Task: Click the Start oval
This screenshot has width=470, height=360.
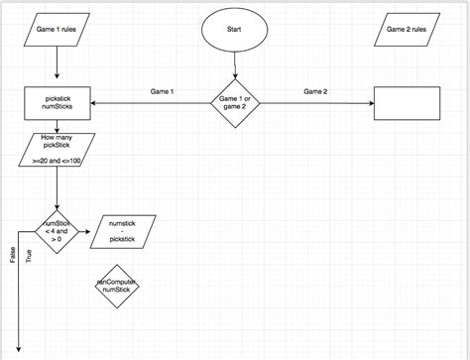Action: (x=235, y=31)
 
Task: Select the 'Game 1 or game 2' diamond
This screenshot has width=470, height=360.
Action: (x=235, y=102)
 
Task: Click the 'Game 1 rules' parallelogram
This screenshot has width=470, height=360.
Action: (x=58, y=31)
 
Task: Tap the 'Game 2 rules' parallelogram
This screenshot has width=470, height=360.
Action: (x=407, y=31)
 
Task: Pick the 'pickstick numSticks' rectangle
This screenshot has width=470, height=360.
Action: (x=58, y=102)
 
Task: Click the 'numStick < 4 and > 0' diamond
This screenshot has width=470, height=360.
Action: (x=58, y=233)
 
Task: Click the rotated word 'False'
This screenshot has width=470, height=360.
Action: (x=13, y=256)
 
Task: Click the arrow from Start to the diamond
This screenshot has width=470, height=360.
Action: (x=235, y=67)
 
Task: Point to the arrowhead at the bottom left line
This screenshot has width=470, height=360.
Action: (x=19, y=350)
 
